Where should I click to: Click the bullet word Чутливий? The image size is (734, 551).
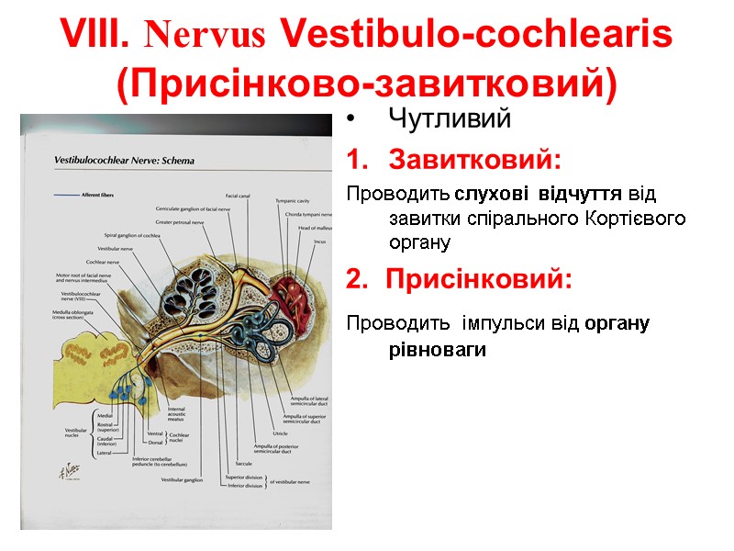coord(449,119)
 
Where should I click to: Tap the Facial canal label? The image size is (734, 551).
coord(239,195)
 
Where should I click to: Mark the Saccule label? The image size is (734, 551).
coord(243,464)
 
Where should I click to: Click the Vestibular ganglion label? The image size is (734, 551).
coord(181,479)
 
